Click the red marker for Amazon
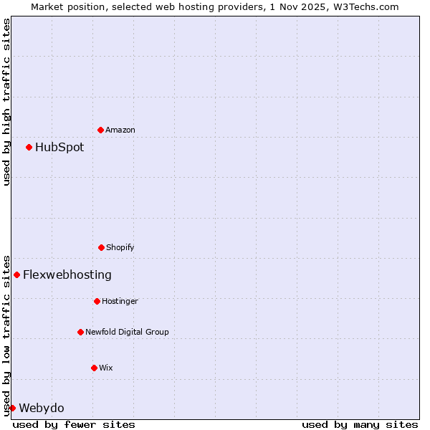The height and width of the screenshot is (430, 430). (100, 130)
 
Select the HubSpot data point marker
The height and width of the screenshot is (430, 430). (29, 147)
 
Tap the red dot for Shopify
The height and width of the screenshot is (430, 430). (101, 247)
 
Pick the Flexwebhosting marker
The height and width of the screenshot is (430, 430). (16, 274)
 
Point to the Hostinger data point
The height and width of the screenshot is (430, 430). (97, 301)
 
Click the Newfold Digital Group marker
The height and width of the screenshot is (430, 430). (80, 332)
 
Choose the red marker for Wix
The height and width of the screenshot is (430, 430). (94, 368)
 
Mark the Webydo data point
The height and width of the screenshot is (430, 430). (12, 408)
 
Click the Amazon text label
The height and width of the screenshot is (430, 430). (120, 130)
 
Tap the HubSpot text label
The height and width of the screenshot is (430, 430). (59, 147)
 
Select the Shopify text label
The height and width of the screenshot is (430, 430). (120, 247)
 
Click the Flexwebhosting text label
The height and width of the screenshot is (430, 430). (67, 274)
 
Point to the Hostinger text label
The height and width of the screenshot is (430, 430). (120, 301)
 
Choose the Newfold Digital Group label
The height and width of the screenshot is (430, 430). (127, 332)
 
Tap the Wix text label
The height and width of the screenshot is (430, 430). (106, 368)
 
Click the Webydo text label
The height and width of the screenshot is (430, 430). (42, 408)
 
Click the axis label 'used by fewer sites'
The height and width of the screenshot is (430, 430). (74, 424)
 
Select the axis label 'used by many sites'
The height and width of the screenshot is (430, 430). (360, 424)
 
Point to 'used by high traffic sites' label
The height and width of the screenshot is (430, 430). (6, 102)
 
